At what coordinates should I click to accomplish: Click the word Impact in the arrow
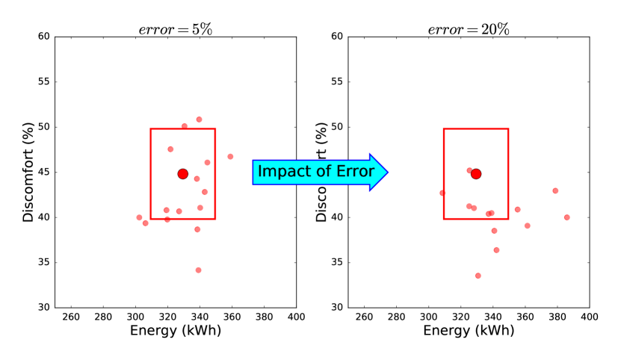click(x=280, y=172)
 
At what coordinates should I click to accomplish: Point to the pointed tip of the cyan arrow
click(x=386, y=173)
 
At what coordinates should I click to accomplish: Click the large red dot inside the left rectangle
click(x=183, y=174)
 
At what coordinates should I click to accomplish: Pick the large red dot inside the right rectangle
click(x=476, y=174)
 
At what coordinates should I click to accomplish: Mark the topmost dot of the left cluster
click(x=200, y=120)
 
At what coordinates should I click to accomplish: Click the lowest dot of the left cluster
click(x=198, y=270)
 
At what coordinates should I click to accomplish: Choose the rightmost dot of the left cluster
click(x=230, y=157)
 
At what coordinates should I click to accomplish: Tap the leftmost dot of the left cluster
click(x=140, y=218)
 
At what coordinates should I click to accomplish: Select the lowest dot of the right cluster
click(x=478, y=276)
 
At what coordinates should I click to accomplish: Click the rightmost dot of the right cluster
click(x=566, y=217)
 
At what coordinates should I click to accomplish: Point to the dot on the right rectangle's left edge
click(x=443, y=193)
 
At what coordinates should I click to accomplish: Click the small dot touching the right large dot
click(x=469, y=170)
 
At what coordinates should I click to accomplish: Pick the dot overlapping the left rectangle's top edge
click(x=185, y=127)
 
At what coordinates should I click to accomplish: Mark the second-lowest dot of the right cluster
click(x=496, y=250)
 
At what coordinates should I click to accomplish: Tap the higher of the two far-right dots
click(x=555, y=191)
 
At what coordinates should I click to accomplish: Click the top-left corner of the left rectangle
click(x=151, y=129)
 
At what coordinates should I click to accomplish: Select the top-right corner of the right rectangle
click(x=508, y=129)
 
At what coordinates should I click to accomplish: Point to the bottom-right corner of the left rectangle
click(x=215, y=219)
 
